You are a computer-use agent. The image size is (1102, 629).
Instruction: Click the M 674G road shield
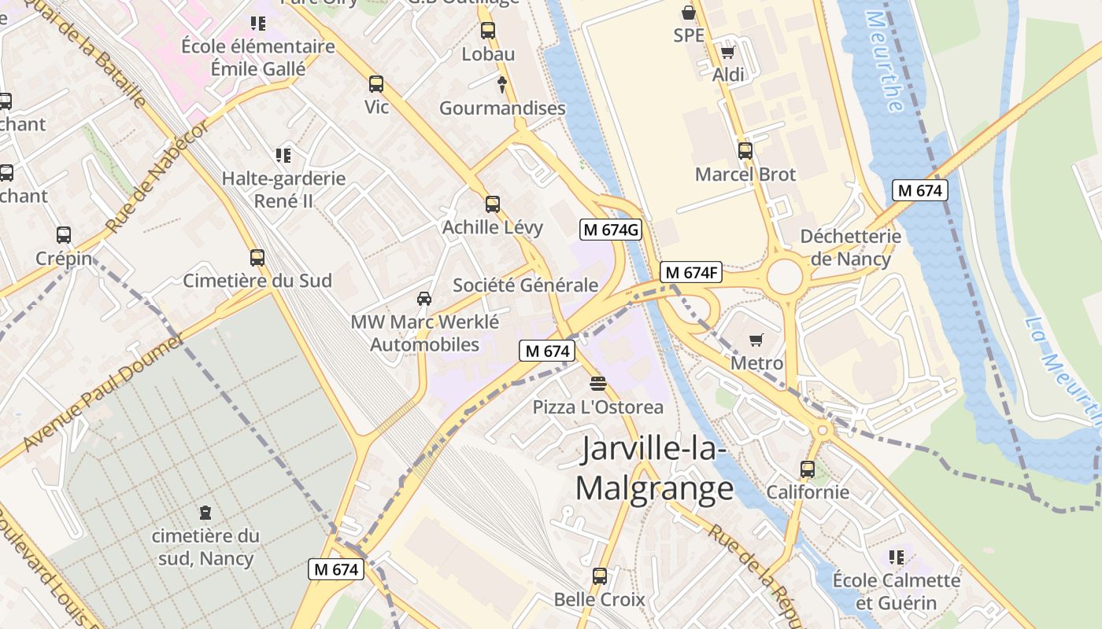tap(611, 230)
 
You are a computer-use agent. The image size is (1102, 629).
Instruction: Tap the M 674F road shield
tap(690, 273)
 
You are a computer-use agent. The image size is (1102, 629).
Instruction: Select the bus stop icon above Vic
tap(376, 84)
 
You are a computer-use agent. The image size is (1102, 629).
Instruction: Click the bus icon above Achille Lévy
tap(493, 204)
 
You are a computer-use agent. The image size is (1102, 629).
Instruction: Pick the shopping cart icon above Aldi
tap(728, 53)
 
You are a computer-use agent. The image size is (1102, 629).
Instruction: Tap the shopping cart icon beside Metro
tap(756, 340)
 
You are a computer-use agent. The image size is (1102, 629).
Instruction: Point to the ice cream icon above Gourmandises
tap(502, 84)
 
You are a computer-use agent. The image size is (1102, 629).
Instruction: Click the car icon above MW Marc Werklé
tap(424, 299)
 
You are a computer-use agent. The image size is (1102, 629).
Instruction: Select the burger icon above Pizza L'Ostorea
tap(598, 384)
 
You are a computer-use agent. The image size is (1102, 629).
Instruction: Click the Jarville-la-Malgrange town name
tap(655, 469)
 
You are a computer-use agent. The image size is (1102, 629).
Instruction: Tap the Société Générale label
tap(525, 285)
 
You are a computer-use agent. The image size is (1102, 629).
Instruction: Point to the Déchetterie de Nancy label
tap(850, 248)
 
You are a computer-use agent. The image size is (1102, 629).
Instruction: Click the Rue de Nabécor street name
tap(157, 176)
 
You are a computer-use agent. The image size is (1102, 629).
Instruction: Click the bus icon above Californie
tap(808, 469)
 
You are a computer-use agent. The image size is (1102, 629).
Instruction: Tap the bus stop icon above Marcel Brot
tap(745, 151)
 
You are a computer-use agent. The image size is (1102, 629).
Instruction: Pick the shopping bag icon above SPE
tap(689, 13)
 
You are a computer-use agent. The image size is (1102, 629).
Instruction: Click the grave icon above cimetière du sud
tap(205, 513)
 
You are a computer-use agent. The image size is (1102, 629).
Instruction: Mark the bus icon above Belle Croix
tap(600, 576)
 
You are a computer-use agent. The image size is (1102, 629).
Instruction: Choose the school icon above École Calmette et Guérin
tap(896, 557)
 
